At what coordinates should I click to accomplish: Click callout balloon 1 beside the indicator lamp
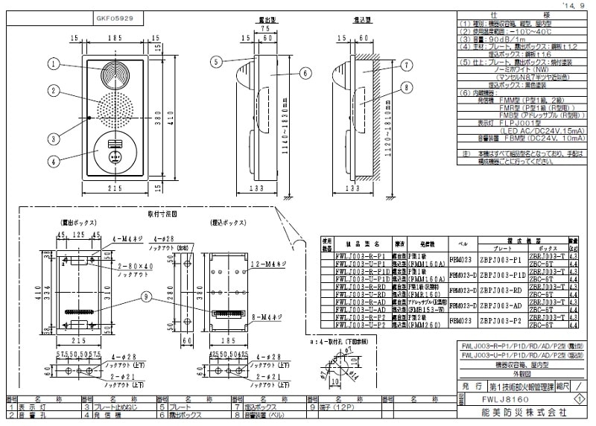54,65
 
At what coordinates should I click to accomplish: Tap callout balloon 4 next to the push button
54,159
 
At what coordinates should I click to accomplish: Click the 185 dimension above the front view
115,36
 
